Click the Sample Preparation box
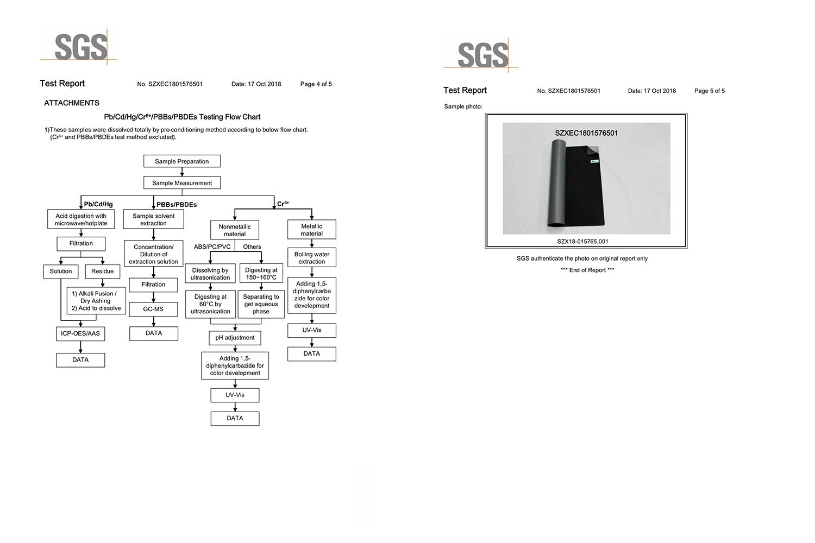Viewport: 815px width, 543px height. pos(182,161)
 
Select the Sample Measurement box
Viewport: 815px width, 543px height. pos(182,183)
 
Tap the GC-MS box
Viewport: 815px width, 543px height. pos(153,309)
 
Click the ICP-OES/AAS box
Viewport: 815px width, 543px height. pos(80,333)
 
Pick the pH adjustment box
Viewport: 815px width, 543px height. pos(235,338)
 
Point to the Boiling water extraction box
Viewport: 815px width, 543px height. pos(312,258)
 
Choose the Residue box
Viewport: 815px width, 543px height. pos(103,271)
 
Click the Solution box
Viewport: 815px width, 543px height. pos(61,271)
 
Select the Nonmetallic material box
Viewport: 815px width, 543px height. pos(235,230)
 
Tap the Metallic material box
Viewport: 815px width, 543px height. pos(312,230)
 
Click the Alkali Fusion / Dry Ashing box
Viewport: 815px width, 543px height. pos(96,301)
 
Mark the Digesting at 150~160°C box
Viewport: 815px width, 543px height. pos(261,274)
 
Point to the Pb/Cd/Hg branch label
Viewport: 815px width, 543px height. pos(98,204)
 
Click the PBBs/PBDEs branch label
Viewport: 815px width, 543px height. pos(177,205)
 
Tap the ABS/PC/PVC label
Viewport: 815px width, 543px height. pos(212,247)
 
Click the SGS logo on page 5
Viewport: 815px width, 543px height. pos(482,54)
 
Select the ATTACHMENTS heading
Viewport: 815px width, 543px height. pos(72,103)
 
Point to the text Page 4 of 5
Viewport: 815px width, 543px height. pos(316,84)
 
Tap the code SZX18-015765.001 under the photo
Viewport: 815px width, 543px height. pos(583,242)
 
